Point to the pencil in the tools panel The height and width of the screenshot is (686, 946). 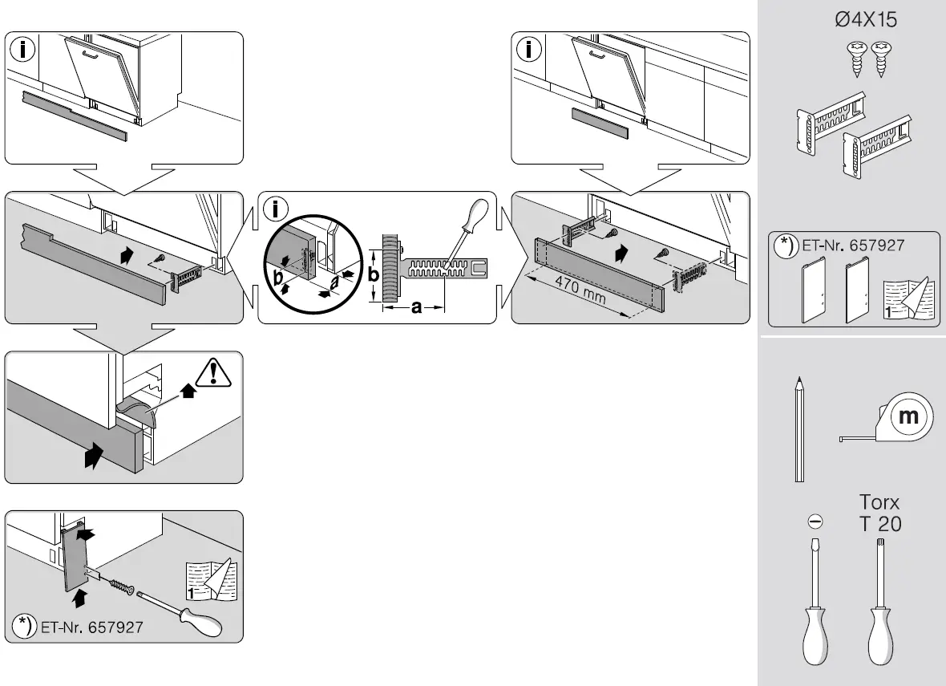pos(799,429)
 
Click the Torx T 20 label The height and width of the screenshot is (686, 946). pos(879,513)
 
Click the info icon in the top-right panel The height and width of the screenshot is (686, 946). pos(529,50)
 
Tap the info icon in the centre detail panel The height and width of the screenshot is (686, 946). pos(277,209)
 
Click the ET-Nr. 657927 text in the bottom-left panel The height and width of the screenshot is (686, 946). pos(89,625)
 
